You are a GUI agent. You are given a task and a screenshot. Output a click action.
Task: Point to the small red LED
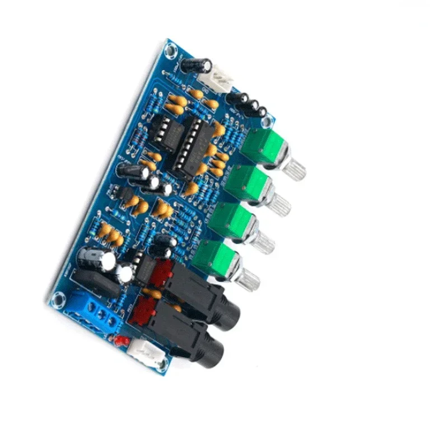[x=120, y=340]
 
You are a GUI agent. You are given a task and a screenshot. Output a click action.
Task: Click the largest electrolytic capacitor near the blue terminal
[x=93, y=259]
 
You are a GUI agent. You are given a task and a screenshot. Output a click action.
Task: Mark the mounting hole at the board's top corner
[x=169, y=50]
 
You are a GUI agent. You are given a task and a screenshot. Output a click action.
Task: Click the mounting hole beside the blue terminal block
[x=58, y=301]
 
